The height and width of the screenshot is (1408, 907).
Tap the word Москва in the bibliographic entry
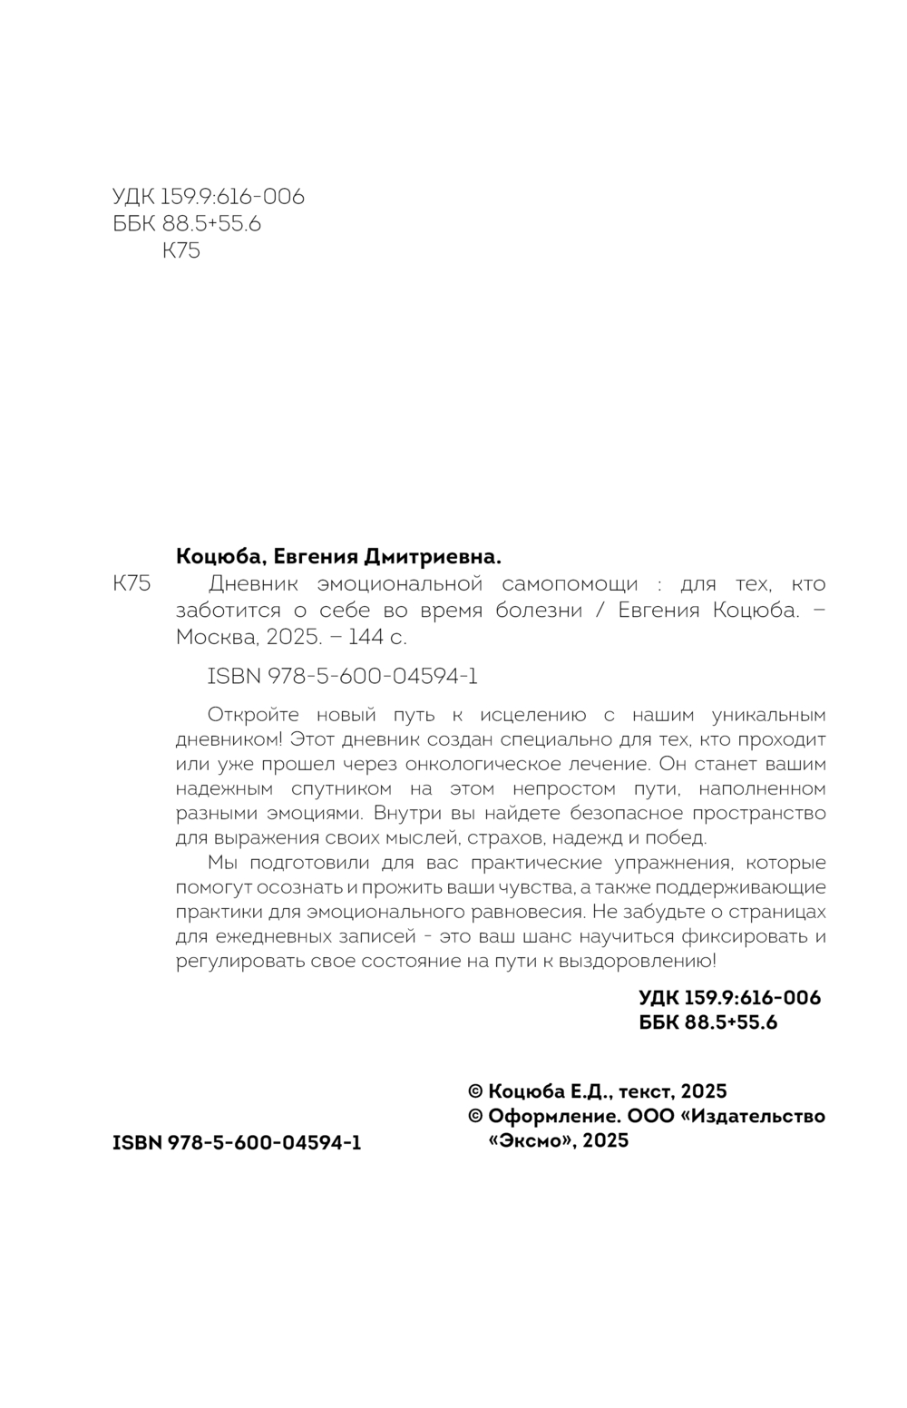[x=216, y=636]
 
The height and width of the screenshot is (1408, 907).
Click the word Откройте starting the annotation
[x=253, y=715]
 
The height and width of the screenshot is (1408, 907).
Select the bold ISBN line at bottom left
[x=237, y=1143]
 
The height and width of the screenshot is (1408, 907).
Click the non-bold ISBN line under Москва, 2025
[x=343, y=676]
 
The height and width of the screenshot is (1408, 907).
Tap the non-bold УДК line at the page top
[x=208, y=197]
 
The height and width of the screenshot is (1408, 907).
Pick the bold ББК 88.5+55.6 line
[x=708, y=1022]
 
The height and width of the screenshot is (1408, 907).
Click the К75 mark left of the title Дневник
[x=132, y=583]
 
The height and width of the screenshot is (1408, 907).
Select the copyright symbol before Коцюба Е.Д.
[x=474, y=1091]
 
